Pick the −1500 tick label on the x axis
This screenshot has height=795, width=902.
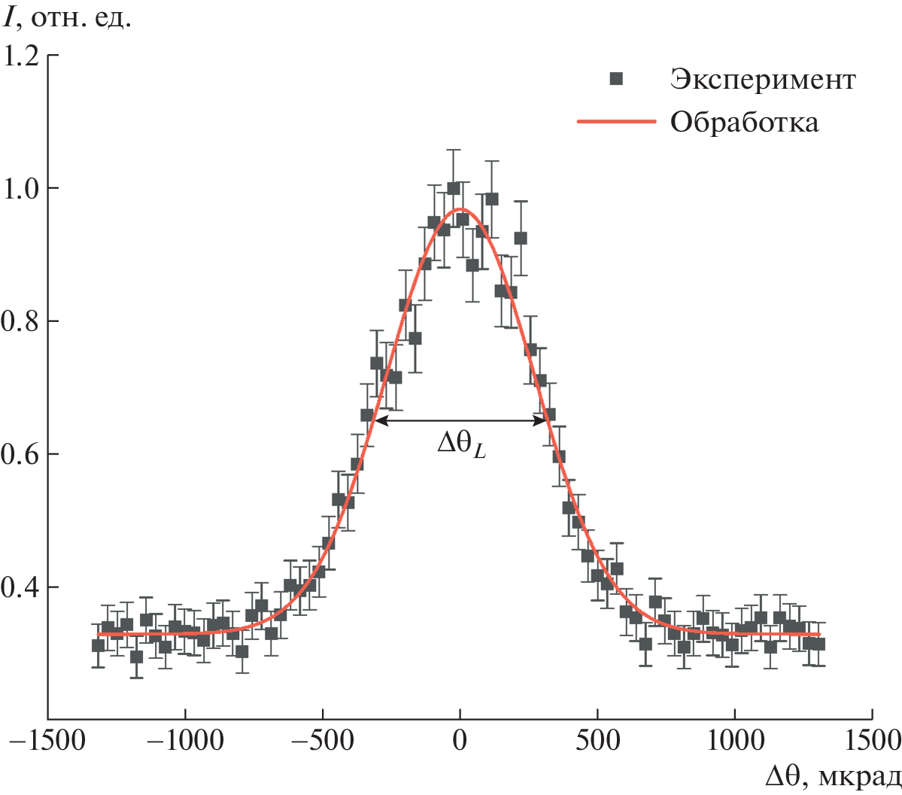click(x=47, y=741)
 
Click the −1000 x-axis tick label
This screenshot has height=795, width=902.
click(x=184, y=741)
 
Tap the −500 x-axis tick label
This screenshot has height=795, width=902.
click(x=322, y=741)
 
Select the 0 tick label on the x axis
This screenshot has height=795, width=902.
click(x=460, y=741)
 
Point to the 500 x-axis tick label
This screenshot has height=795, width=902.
click(x=597, y=741)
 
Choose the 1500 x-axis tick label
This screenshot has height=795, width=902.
click(x=873, y=741)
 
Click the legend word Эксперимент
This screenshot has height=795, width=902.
click(x=763, y=79)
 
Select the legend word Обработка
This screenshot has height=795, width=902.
click(x=744, y=122)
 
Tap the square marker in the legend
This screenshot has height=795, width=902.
click(x=617, y=78)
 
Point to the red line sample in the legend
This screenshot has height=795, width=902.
click(x=616, y=121)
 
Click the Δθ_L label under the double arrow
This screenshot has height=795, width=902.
click(x=461, y=445)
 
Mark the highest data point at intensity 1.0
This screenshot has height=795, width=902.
click(x=454, y=188)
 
